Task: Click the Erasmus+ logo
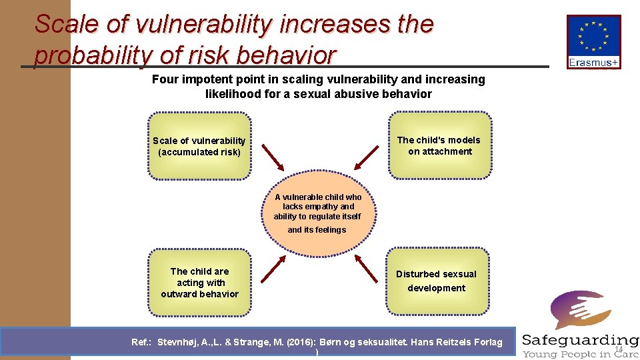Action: point(593,42)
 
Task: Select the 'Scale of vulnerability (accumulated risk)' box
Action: point(199,146)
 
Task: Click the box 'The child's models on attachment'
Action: point(439,145)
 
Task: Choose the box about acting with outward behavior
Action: point(199,282)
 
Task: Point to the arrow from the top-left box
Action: point(273,157)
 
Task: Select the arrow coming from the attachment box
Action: point(367,157)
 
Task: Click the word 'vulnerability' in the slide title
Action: point(203,25)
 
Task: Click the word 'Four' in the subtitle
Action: point(165,79)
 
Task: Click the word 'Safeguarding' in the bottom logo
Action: point(580,340)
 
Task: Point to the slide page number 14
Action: point(618,349)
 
